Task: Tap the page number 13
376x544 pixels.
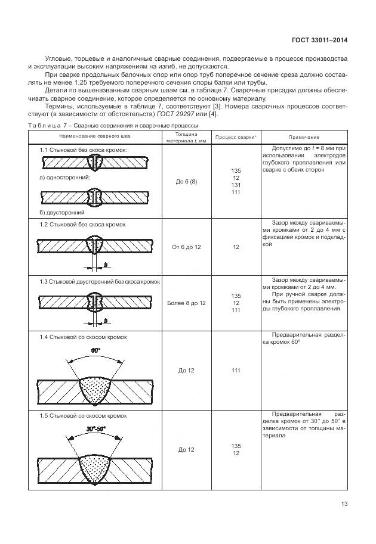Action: [344, 503]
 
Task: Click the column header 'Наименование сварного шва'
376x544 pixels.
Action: [93, 137]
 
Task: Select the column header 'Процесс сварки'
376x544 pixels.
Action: [236, 137]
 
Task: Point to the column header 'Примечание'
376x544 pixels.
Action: [304, 137]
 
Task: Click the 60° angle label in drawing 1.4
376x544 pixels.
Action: [95, 350]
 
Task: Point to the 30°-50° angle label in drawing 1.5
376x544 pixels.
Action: [95, 428]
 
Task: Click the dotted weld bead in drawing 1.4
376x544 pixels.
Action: [94, 387]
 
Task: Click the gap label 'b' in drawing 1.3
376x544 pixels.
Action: [106, 321]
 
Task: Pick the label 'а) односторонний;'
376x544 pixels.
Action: [64, 177]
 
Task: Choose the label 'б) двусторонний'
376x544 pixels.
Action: [62, 212]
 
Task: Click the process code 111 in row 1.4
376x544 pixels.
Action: [236, 371]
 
